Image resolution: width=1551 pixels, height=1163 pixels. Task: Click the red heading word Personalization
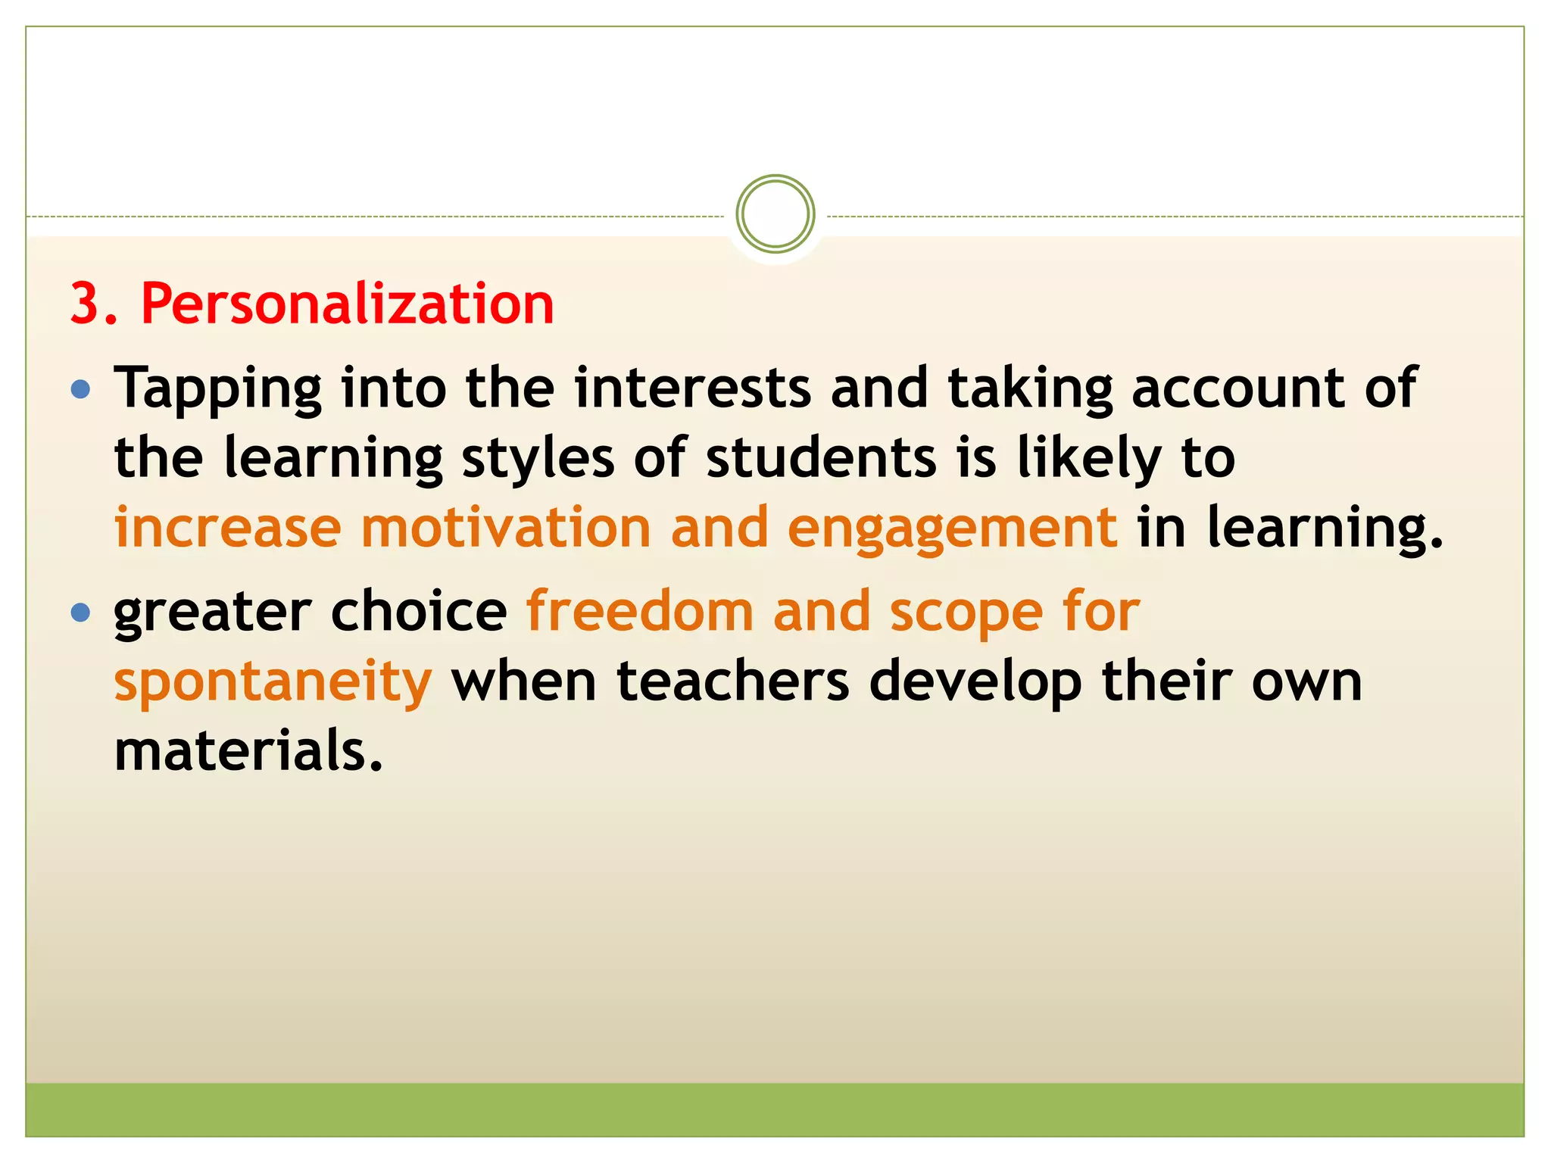pyautogui.click(x=348, y=304)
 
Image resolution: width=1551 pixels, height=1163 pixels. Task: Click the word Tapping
pyautogui.click(x=217, y=389)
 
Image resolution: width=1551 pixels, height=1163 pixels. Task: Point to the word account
pyautogui.click(x=1238, y=388)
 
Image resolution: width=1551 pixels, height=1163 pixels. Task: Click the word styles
pyautogui.click(x=538, y=459)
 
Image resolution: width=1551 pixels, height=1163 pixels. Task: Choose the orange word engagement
pyautogui.click(x=952, y=529)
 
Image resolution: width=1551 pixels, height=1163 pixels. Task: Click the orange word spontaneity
pyautogui.click(x=273, y=682)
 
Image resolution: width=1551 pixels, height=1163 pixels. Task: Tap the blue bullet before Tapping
pyautogui.click(x=80, y=390)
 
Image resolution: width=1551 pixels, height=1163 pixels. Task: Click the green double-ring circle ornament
pyautogui.click(x=775, y=214)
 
